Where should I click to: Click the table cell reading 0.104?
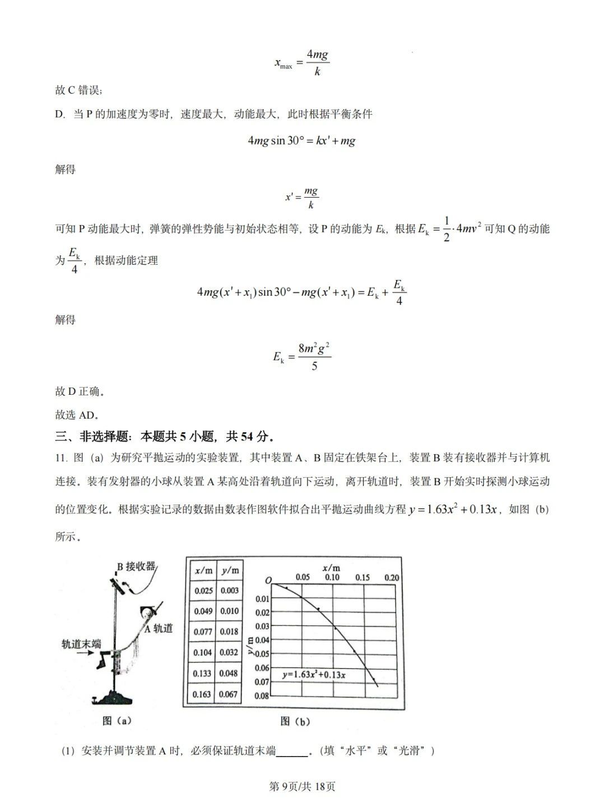click(202, 652)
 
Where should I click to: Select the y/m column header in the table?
click(229, 570)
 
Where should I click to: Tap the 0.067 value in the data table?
click(229, 694)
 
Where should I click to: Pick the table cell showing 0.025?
click(203, 590)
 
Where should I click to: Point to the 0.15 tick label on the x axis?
click(362, 577)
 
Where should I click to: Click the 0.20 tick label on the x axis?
click(392, 577)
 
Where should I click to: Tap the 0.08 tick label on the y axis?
click(262, 695)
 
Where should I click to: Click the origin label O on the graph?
click(268, 580)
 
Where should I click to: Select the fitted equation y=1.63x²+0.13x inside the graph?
click(314, 675)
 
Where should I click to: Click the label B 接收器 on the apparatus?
click(136, 566)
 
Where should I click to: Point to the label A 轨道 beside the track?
click(159, 628)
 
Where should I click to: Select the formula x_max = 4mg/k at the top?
click(301, 63)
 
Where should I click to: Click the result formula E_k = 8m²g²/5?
click(301, 357)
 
